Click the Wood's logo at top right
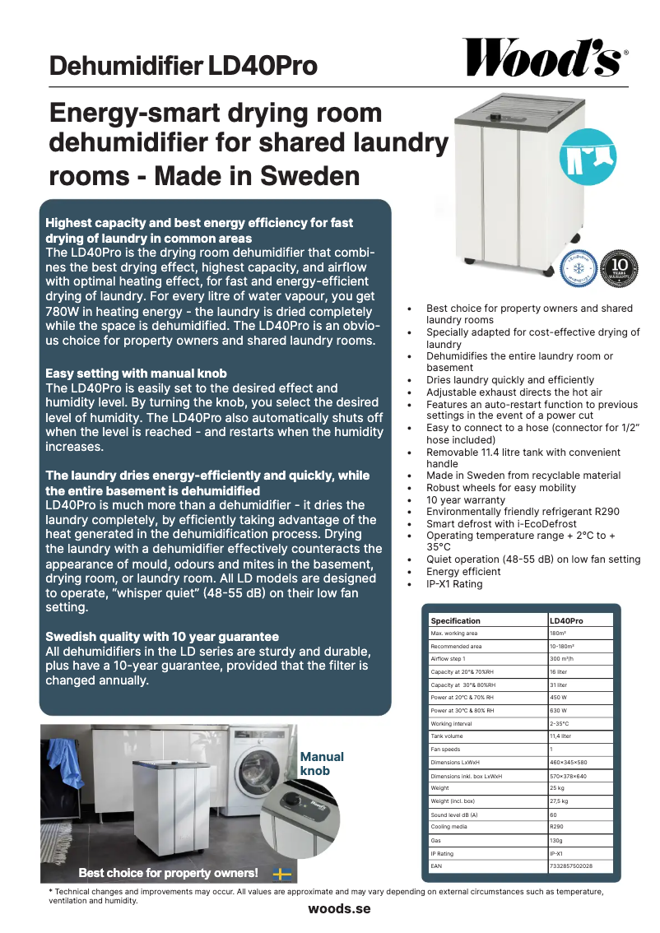tap(544, 58)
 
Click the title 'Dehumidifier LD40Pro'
tap(183, 66)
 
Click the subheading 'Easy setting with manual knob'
tap(136, 374)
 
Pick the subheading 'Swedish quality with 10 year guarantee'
tap(162, 637)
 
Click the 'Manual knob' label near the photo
tap(322, 764)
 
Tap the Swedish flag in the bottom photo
tap(282, 874)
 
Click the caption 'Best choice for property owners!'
tap(168, 873)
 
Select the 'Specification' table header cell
tap(456, 620)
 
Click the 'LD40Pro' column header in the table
tap(566, 620)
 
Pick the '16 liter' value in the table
tap(560, 672)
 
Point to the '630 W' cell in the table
tap(558, 711)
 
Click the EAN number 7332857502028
tap(571, 866)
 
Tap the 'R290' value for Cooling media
tap(556, 827)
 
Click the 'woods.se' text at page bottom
tap(339, 909)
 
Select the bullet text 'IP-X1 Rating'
tap(454, 584)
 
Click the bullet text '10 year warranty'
tap(466, 500)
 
